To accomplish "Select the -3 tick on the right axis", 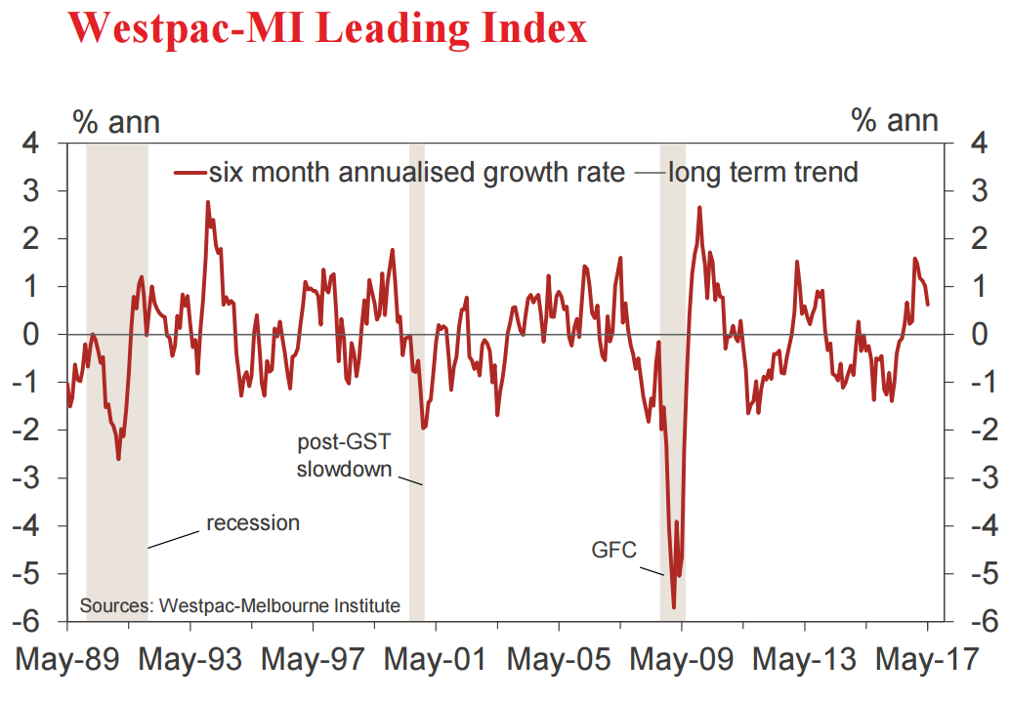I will tap(972, 478).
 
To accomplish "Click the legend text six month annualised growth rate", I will tap(416, 173).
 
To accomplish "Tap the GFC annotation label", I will tap(613, 551).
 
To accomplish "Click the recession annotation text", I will tap(252, 523).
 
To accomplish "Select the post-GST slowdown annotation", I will tap(344, 456).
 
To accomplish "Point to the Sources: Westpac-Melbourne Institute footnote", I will tap(239, 606).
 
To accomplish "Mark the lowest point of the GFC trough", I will tap(674, 607).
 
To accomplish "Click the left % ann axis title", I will tap(116, 121).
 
